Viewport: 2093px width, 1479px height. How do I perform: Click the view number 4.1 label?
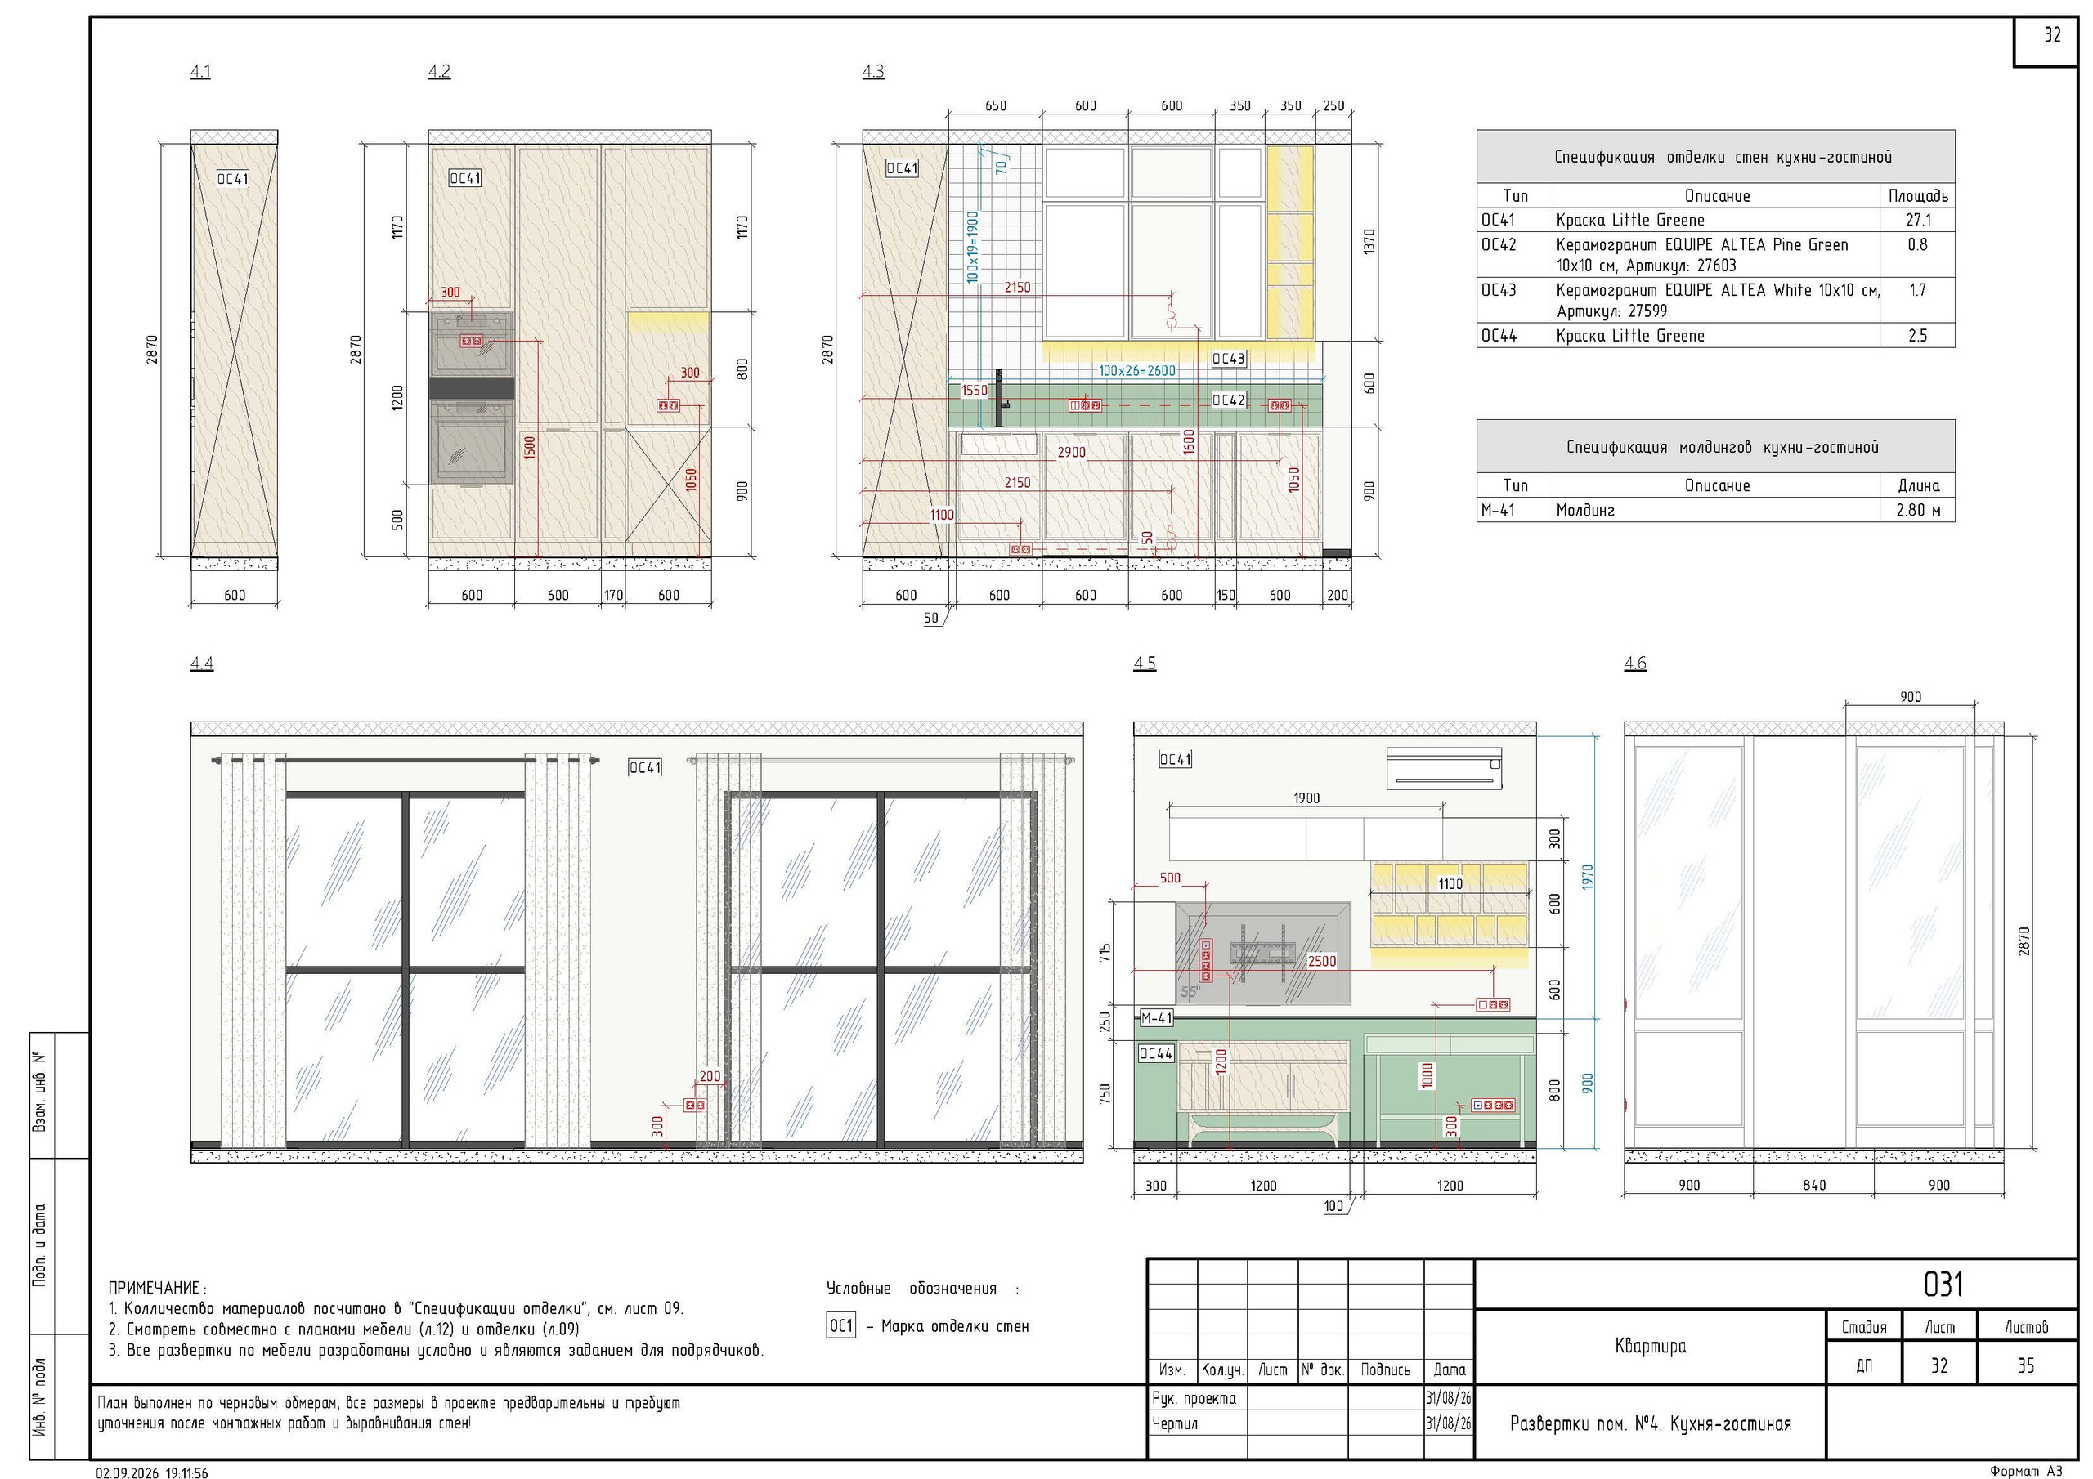tap(200, 71)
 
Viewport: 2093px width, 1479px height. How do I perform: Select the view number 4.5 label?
tap(1144, 664)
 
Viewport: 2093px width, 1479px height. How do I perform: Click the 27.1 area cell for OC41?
tap(1917, 220)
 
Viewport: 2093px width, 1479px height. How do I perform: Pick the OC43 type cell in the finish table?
tap(1499, 290)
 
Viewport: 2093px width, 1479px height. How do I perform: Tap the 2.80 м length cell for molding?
tap(1918, 511)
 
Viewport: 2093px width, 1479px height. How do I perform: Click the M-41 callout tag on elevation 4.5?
tap(1157, 1018)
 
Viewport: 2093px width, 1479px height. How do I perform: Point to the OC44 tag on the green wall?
tap(1156, 1053)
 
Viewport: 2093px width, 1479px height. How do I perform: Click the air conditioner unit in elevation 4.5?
tap(1444, 767)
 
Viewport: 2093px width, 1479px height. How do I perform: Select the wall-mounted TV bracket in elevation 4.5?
tap(1261, 952)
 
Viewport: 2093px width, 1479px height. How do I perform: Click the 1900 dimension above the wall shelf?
tap(1306, 798)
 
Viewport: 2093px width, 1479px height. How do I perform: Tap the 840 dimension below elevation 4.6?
tap(1814, 1185)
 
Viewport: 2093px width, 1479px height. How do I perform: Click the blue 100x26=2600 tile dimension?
tap(1136, 371)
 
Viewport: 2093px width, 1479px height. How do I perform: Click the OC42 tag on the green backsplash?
tap(1229, 400)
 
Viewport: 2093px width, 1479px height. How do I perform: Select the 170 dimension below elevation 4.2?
tap(613, 595)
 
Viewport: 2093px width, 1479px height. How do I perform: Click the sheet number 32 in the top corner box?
tap(2052, 34)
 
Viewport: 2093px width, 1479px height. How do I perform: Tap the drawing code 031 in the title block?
tap(1943, 1284)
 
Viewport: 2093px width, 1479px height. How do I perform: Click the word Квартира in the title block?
tap(1650, 1346)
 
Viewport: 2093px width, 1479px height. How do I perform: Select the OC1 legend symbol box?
tap(841, 1326)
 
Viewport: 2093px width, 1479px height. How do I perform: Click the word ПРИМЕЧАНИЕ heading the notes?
tap(154, 1288)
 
